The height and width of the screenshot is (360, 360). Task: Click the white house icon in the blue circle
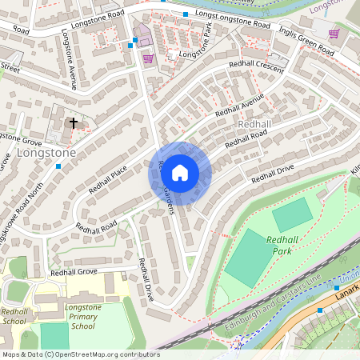[180, 172]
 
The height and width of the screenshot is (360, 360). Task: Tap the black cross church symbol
[74, 123]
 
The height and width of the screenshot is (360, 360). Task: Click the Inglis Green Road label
[306, 39]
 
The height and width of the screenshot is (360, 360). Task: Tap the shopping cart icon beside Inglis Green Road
[334, 33]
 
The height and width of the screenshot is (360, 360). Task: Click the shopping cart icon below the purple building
[147, 58]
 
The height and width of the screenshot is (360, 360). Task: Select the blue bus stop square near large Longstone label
[58, 166]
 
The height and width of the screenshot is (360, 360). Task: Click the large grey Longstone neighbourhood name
[46, 152]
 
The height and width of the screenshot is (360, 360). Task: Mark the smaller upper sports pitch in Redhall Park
[292, 214]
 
